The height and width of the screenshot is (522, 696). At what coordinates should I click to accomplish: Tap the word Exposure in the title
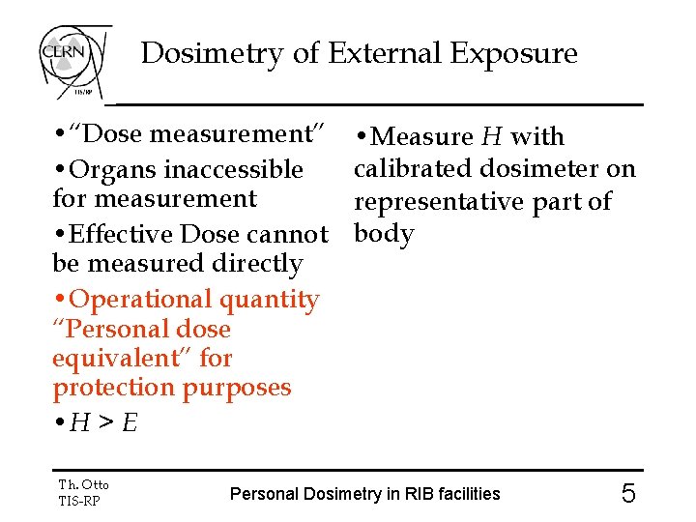pyautogui.click(x=515, y=53)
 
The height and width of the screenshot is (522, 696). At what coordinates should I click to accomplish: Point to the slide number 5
pyautogui.click(x=628, y=494)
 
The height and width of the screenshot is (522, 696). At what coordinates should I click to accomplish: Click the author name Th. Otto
pyautogui.click(x=84, y=484)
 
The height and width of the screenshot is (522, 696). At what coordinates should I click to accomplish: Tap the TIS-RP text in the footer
pyautogui.click(x=79, y=500)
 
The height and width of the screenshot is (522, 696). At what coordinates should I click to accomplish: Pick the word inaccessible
pyautogui.click(x=234, y=170)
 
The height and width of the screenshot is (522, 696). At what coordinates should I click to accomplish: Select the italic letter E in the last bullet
pyautogui.click(x=129, y=422)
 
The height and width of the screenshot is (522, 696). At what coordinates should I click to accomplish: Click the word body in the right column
pyautogui.click(x=384, y=234)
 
